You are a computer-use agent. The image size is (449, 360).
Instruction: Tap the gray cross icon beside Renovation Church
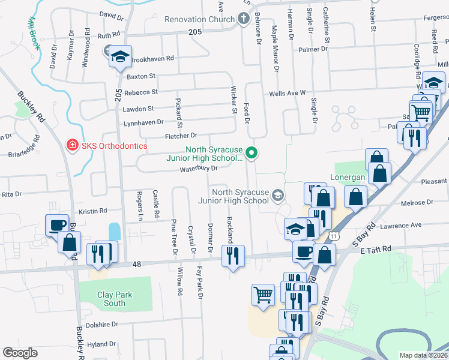click(x=243, y=19)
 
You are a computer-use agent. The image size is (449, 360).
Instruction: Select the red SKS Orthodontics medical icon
click(x=72, y=146)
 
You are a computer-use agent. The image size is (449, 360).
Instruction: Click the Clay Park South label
click(x=115, y=299)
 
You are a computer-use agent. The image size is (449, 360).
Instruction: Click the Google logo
click(x=20, y=353)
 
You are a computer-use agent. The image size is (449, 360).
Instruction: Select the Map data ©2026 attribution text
click(x=424, y=355)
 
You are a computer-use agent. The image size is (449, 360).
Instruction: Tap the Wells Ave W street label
click(x=288, y=94)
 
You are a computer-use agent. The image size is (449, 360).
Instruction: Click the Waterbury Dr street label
click(x=199, y=169)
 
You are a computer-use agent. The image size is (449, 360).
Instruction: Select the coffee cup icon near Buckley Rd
click(x=58, y=225)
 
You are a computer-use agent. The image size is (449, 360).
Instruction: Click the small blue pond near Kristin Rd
click(x=114, y=231)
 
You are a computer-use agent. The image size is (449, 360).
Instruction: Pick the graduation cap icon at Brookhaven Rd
click(x=121, y=57)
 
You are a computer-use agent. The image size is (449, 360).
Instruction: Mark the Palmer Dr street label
click(x=314, y=49)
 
